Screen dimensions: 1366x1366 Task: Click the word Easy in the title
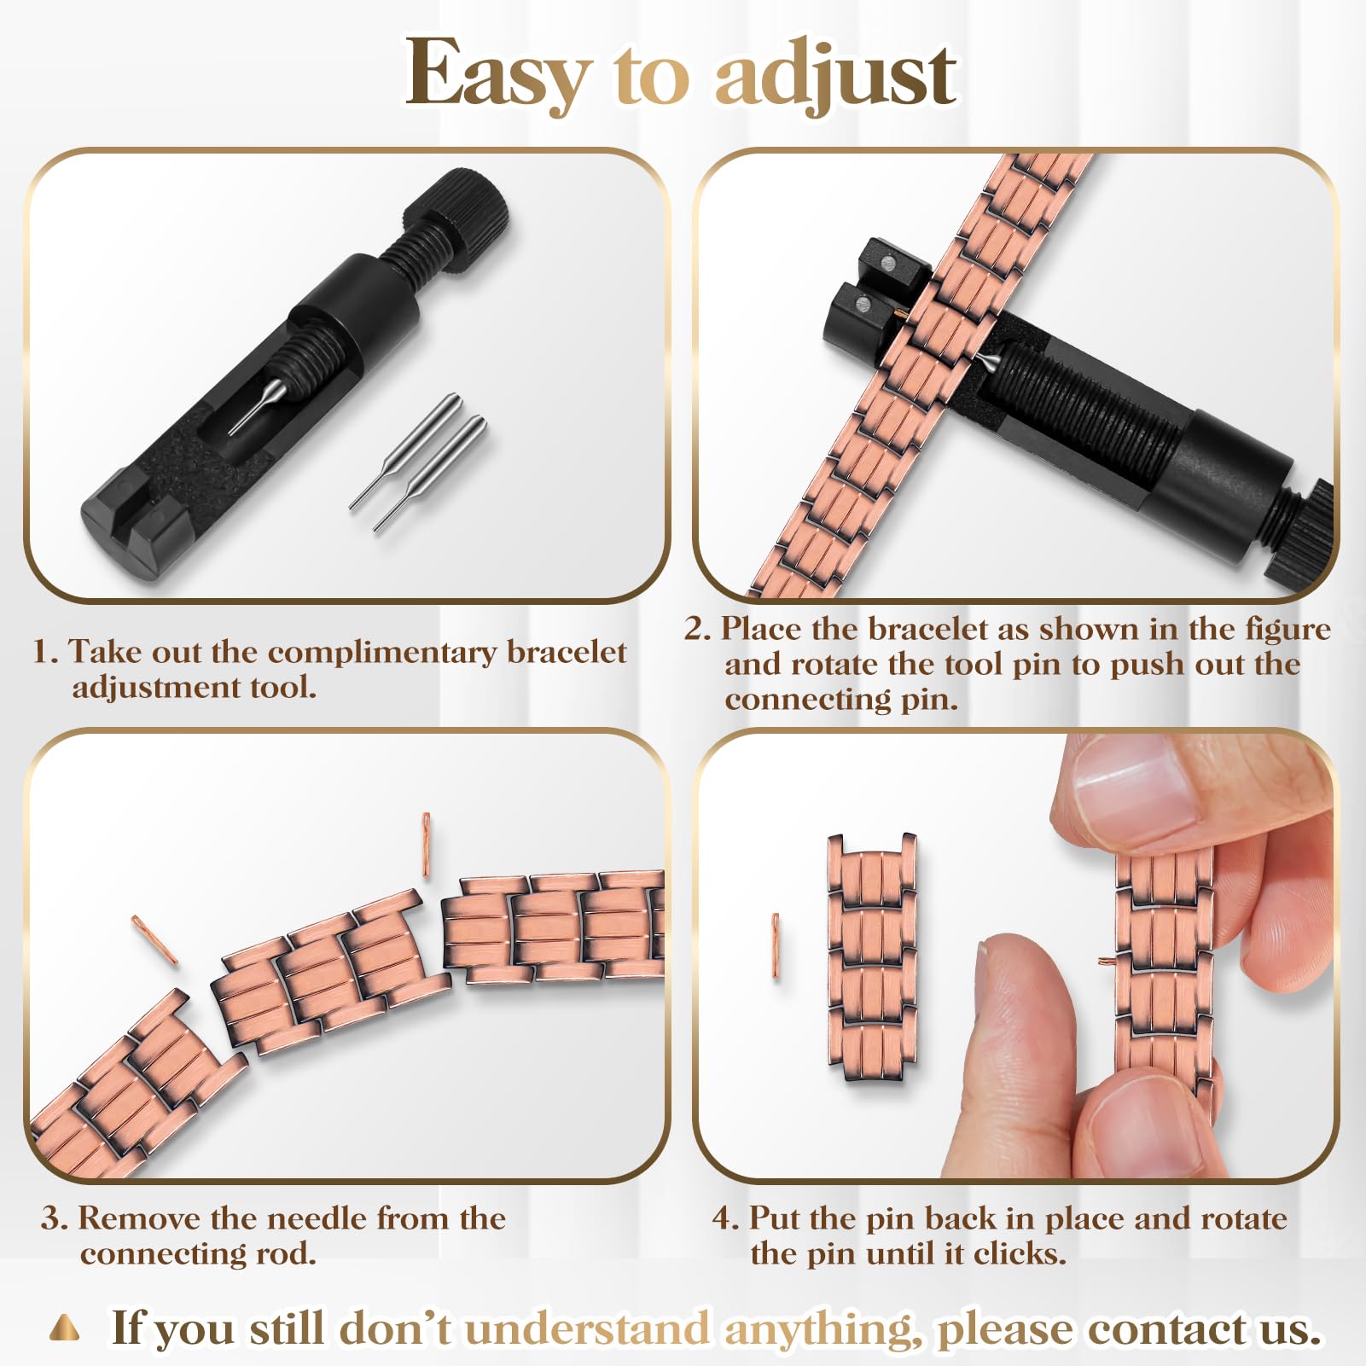tap(497, 75)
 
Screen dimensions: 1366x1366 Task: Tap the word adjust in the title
tap(835, 75)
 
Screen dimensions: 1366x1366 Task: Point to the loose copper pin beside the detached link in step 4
tap(776, 945)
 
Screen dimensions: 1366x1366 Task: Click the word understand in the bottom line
tap(587, 1328)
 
